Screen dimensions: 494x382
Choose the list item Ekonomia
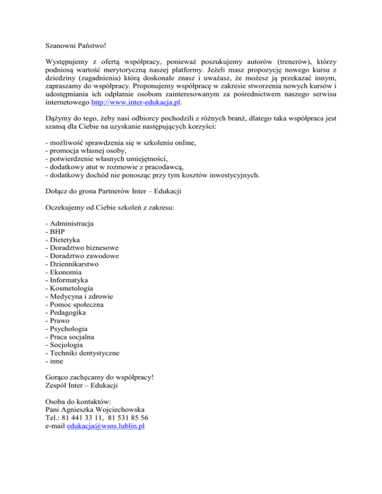tap(65, 272)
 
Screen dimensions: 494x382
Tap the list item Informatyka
tap(69, 280)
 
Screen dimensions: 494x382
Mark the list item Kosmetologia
tap(71, 288)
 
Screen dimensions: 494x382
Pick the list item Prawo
tap(60, 321)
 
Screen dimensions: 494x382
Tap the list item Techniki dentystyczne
tap(84, 353)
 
